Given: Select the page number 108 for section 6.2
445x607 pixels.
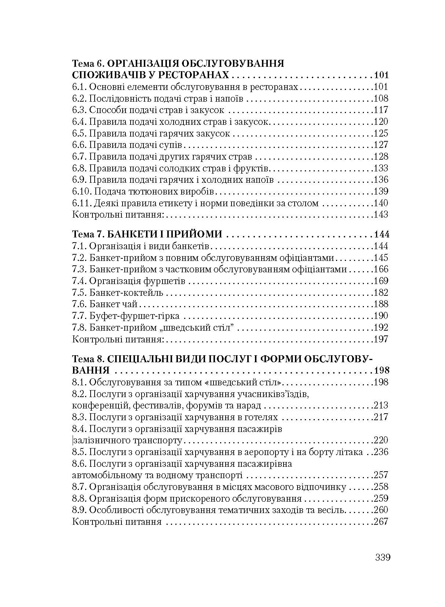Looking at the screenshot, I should tap(380, 98).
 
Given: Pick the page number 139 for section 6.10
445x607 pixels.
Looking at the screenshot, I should tap(380, 191).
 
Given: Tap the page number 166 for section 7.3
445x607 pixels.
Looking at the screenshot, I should tap(380, 269).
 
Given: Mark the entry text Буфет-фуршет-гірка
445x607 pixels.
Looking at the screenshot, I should tap(134, 316).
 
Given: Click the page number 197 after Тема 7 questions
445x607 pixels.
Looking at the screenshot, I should tap(380, 339).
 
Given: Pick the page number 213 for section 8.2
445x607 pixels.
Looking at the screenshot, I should tap(380, 406).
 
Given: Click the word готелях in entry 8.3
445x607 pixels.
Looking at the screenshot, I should tap(258, 417).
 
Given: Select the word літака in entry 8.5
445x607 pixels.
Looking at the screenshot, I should tap(349, 452).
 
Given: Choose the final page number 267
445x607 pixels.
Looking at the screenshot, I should tap(380, 521).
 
